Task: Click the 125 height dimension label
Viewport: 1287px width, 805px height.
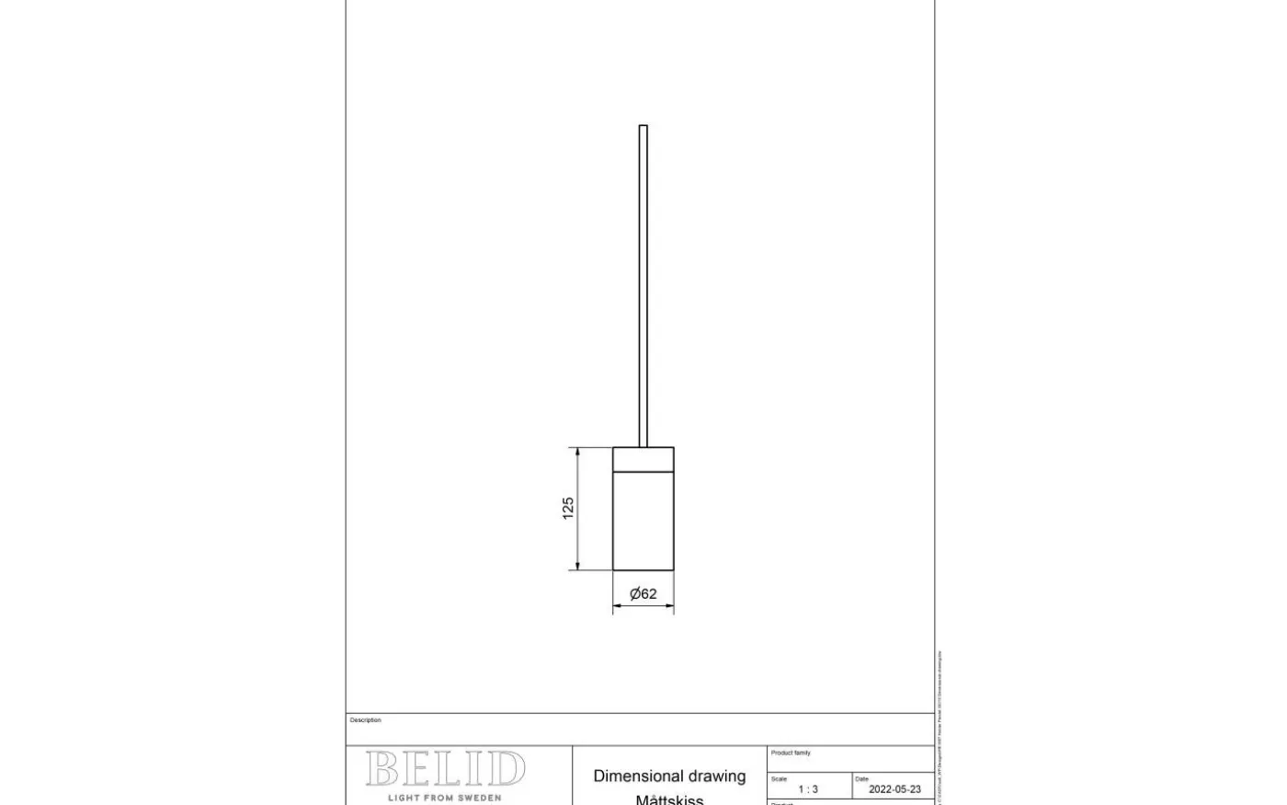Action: (568, 508)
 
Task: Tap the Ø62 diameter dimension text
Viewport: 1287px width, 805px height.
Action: (643, 594)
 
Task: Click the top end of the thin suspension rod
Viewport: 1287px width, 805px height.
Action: (643, 127)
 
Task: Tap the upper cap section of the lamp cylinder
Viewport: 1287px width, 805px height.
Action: (643, 458)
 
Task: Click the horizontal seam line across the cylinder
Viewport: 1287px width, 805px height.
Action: (643, 470)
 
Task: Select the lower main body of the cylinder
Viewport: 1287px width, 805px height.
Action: (643, 520)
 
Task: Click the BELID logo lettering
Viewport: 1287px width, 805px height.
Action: (446, 769)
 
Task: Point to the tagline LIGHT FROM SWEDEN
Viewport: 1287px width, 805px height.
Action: (445, 798)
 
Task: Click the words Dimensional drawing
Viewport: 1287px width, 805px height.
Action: (669, 776)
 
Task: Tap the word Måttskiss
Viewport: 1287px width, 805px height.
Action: (669, 799)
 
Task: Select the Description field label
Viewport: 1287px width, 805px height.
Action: (365, 720)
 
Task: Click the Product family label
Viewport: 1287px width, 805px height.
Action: (791, 753)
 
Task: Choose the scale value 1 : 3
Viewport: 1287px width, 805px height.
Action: (808, 789)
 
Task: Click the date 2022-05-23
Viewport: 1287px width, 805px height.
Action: (894, 789)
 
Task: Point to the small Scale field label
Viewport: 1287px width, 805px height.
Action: (779, 779)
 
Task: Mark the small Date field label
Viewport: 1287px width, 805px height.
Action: (861, 779)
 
